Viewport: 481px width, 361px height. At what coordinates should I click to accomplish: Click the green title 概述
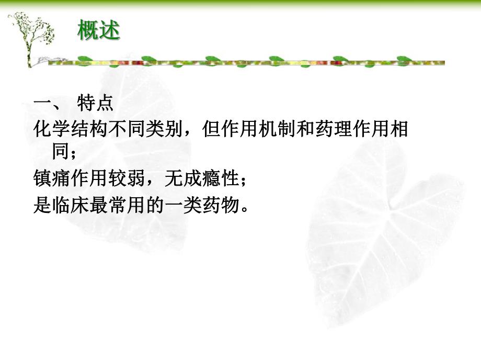coord(99,31)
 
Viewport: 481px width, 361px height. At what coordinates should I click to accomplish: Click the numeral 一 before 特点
coord(42,103)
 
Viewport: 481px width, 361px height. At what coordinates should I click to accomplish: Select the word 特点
coord(95,103)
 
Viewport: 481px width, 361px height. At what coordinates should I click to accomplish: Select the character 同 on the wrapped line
coord(60,153)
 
